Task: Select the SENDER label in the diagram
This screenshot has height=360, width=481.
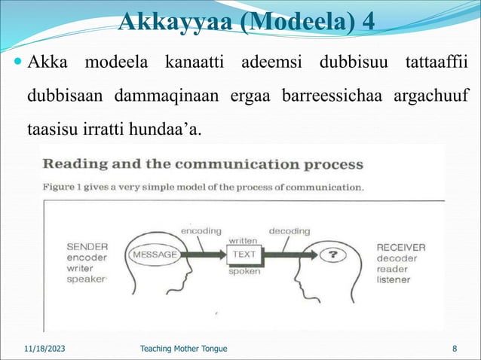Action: click(x=87, y=246)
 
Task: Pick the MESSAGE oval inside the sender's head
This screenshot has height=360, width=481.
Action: click(x=155, y=255)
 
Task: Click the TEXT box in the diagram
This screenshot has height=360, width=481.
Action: click(x=244, y=255)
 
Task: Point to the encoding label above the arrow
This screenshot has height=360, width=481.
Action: click(x=200, y=230)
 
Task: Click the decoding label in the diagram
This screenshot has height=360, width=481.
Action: click(x=290, y=230)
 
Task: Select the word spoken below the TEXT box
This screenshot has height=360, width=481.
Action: click(x=244, y=271)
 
